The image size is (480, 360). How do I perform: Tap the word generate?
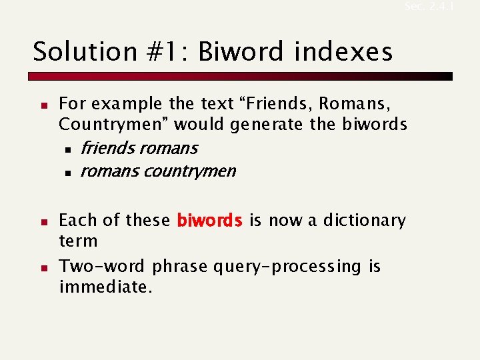click(x=269, y=125)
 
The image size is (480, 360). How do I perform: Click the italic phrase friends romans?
click(x=139, y=148)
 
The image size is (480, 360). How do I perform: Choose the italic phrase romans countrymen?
click(x=157, y=171)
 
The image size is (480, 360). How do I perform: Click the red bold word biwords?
click(x=210, y=221)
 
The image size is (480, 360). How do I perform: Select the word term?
click(x=78, y=241)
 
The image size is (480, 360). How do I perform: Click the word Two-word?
click(x=102, y=267)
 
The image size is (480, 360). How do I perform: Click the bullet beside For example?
click(x=42, y=105)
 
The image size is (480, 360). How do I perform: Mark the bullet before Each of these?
click(x=42, y=221)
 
